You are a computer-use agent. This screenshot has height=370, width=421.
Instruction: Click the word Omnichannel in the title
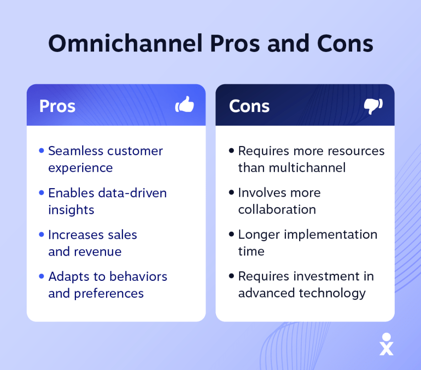click(x=125, y=44)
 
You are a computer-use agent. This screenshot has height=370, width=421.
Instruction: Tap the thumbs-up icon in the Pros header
click(x=185, y=106)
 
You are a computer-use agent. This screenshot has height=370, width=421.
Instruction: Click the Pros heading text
click(x=57, y=106)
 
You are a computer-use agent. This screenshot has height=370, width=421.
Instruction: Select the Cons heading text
click(x=249, y=106)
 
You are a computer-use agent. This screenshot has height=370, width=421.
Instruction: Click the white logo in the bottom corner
click(x=386, y=344)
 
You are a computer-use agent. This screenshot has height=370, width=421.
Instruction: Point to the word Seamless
click(x=72, y=151)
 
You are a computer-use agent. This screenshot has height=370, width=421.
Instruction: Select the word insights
click(x=71, y=210)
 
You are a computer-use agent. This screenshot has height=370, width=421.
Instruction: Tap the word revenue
click(x=97, y=252)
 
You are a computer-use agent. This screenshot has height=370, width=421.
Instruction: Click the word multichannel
click(x=307, y=167)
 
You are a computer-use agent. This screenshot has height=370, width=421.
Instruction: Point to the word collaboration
click(x=277, y=210)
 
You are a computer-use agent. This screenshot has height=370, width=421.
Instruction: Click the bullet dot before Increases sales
click(x=42, y=234)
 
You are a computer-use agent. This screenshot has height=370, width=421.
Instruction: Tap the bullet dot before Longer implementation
click(x=231, y=234)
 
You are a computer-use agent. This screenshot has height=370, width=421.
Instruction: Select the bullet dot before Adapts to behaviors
click(x=42, y=276)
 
